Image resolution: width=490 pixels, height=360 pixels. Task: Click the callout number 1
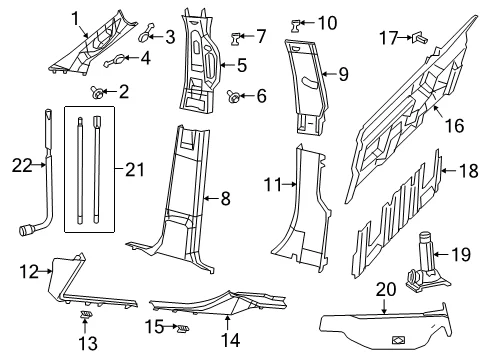(x=76, y=19)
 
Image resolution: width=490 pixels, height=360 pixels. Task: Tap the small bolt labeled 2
(x=97, y=92)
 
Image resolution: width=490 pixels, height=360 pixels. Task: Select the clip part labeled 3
(x=146, y=33)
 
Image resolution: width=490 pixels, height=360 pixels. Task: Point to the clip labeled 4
(x=116, y=60)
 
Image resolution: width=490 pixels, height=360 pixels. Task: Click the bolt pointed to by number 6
(x=233, y=96)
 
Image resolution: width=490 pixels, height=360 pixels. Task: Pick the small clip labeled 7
(x=236, y=39)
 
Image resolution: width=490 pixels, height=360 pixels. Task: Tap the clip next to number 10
(x=295, y=26)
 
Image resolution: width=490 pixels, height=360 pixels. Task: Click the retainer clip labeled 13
(x=86, y=314)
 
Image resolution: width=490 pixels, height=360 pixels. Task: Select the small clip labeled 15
(x=183, y=328)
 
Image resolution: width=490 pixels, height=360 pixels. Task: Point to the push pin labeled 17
(x=419, y=38)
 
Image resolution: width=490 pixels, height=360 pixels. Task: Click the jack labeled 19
(x=427, y=263)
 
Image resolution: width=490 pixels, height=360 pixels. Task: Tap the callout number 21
(x=135, y=169)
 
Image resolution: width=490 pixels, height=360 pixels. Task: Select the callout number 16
(x=455, y=126)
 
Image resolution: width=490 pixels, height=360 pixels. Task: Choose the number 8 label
(x=226, y=199)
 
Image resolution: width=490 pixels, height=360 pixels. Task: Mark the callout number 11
(x=273, y=184)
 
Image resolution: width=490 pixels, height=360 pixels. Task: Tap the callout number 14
(x=231, y=340)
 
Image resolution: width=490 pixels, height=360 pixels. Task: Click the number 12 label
(x=29, y=272)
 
